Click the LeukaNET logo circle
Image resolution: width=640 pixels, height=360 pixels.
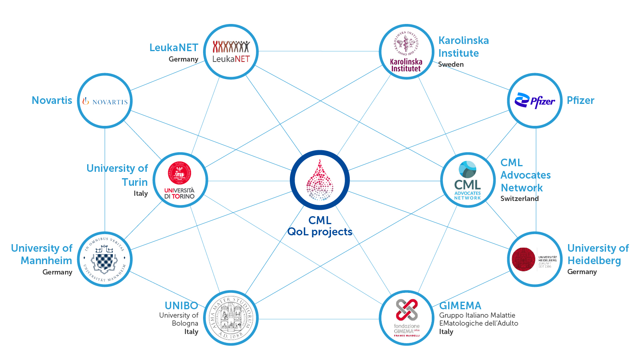tap(231, 52)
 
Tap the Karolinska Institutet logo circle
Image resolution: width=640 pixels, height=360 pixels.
tap(406, 52)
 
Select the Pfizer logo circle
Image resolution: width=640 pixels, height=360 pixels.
tap(534, 101)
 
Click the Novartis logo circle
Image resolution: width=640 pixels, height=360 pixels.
tap(105, 101)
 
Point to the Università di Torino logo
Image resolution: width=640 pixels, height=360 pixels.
tap(180, 180)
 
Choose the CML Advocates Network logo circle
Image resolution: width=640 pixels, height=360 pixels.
tap(468, 180)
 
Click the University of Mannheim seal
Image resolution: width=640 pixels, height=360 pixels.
tap(105, 259)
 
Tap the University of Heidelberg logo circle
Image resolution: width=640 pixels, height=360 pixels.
tap(534, 259)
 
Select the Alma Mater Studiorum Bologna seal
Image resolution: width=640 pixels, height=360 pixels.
tap(231, 318)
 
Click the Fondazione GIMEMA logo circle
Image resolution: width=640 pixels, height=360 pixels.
tap(406, 318)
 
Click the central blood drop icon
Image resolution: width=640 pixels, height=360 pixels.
tap(320, 180)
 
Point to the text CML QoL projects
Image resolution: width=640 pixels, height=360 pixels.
tap(320, 226)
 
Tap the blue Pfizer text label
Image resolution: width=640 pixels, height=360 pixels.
tap(580, 101)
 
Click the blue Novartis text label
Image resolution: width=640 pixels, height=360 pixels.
tap(52, 101)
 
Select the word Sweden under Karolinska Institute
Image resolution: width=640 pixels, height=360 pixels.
tap(451, 64)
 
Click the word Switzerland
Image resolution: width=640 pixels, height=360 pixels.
tap(519, 199)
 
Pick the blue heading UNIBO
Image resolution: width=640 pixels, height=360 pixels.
tap(181, 306)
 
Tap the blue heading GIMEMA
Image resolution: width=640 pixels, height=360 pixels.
tap(460, 306)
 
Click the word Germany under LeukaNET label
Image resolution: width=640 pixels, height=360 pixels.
tap(183, 59)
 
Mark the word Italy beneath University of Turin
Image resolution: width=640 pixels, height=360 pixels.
tap(141, 193)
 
